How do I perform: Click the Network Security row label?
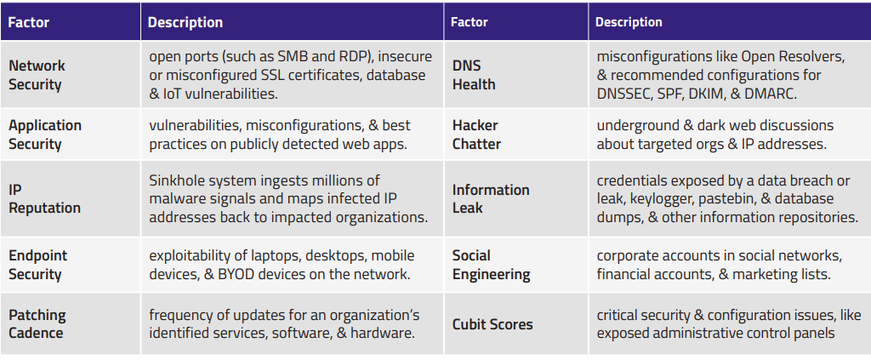37,75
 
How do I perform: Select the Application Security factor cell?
45,134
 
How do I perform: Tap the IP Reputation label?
44,199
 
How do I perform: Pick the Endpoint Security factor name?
37,265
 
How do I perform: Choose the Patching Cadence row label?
37,324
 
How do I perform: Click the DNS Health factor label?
473,75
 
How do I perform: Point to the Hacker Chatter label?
476,134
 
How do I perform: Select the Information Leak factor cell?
491,199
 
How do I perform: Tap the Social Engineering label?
491,265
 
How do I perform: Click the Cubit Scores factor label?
492,324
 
